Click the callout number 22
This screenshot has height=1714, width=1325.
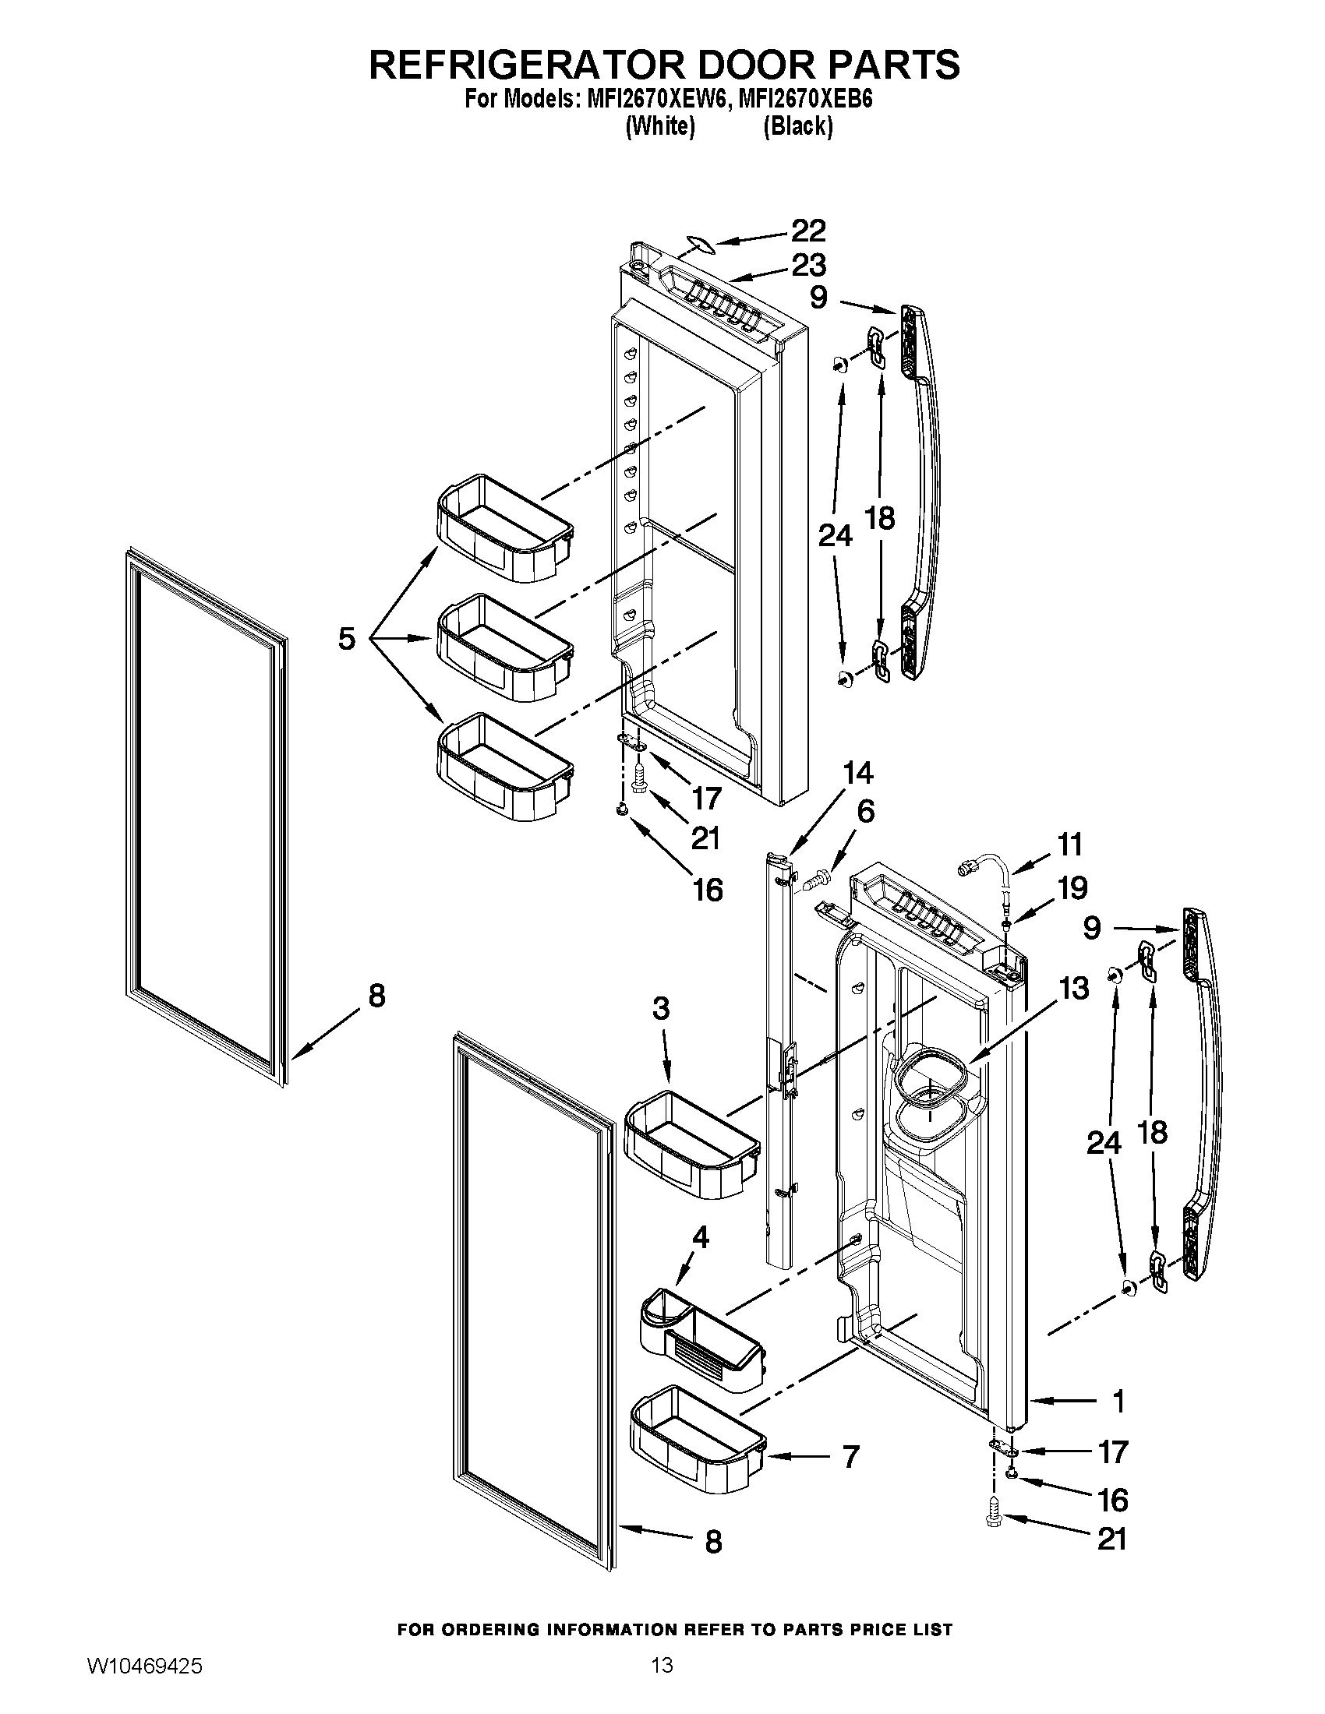coord(807,231)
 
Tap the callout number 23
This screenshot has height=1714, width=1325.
coord(807,265)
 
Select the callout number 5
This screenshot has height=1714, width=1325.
coord(347,638)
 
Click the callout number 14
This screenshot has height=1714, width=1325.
coord(857,773)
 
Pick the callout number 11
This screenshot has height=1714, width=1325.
coord(1070,845)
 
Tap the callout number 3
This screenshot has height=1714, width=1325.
coord(661,1008)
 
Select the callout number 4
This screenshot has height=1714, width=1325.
coord(700,1238)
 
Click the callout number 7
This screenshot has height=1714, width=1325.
coord(850,1457)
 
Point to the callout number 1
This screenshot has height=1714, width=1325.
coord(1118,1401)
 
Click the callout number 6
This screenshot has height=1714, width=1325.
coord(865,811)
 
